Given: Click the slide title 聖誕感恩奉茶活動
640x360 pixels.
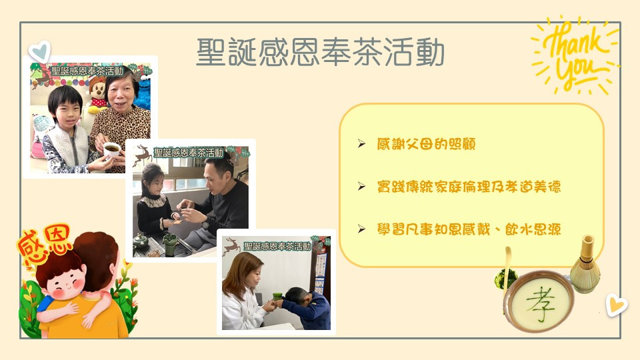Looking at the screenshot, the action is click(320, 52).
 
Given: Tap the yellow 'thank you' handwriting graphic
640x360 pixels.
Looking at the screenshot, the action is click(575, 55).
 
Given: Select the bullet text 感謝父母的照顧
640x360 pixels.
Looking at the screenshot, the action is click(426, 144).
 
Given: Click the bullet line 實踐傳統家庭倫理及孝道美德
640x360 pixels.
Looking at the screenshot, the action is click(469, 187).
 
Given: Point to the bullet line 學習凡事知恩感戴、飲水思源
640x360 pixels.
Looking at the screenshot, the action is click(469, 229).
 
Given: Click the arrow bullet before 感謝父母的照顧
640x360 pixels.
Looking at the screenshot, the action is click(361, 144).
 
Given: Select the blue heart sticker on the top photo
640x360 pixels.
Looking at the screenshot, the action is click(39, 52).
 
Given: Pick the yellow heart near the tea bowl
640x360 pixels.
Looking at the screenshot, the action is click(615, 305).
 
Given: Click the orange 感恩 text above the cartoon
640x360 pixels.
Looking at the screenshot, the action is click(44, 243).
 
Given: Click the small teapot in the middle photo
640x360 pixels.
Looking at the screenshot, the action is click(141, 241).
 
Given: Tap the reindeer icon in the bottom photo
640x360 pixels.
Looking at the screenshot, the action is click(231, 246).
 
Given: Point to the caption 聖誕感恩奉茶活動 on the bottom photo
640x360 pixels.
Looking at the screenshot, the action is click(277, 246).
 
